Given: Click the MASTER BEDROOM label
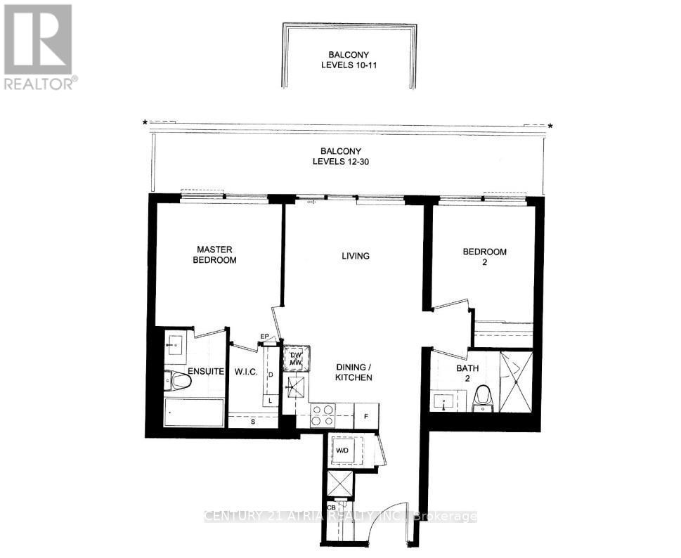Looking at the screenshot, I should (216, 254).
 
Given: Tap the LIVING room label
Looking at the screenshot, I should (355, 256).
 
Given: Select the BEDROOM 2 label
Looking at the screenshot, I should (484, 257).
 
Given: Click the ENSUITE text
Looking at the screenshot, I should (205, 372).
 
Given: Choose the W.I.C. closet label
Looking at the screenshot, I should (244, 372).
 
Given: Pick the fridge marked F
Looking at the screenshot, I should (365, 416).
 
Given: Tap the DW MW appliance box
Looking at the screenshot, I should (294, 358).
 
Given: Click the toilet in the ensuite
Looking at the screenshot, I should (179, 382).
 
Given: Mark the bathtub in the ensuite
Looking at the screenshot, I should (194, 413).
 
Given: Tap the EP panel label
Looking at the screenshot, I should (266, 337).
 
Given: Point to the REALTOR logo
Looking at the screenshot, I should (39, 46).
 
